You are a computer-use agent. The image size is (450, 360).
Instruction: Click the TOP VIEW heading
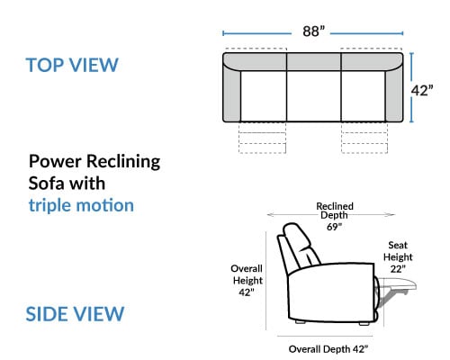click(x=72, y=65)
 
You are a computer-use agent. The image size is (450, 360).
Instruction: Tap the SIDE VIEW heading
click(x=75, y=314)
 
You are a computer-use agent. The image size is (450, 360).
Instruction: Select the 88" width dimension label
click(x=313, y=31)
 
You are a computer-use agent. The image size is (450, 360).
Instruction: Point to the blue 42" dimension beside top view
click(x=422, y=90)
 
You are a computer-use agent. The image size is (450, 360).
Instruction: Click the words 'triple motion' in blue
click(x=81, y=206)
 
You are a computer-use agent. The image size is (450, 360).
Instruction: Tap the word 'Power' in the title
click(x=55, y=161)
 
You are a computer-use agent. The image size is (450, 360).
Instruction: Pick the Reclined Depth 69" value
click(x=334, y=227)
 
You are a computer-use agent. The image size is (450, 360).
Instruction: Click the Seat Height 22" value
click(x=398, y=269)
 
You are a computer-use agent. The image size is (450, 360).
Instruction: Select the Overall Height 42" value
click(x=247, y=292)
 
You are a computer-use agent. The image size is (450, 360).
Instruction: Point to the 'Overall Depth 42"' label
click(x=328, y=349)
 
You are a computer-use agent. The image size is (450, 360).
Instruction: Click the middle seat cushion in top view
click(x=314, y=96)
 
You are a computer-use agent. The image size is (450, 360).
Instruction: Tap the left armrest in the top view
click(x=231, y=94)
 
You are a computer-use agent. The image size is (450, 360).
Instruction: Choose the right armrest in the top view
click(x=394, y=95)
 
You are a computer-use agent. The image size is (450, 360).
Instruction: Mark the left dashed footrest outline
click(x=262, y=138)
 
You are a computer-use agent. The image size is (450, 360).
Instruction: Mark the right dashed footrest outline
click(x=364, y=138)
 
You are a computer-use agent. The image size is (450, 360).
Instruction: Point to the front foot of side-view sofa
click(x=364, y=324)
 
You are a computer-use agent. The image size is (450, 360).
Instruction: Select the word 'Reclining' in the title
click(x=123, y=162)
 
